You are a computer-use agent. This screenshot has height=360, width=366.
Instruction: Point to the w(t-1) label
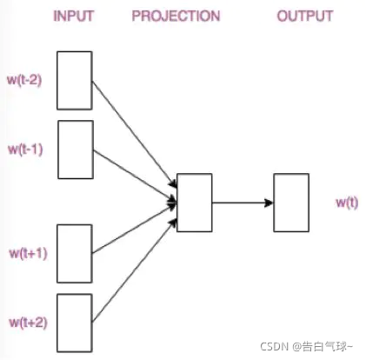26,149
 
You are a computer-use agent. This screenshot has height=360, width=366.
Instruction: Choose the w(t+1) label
28,253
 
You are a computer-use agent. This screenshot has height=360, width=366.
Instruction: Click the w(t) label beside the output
348,203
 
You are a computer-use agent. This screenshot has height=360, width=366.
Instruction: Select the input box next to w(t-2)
75,80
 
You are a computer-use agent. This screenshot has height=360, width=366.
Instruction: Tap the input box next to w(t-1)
75,149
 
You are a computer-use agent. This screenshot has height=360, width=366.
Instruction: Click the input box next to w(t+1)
75,253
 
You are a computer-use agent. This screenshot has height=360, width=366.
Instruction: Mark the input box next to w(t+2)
75,323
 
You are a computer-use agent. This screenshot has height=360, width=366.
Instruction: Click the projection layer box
194,203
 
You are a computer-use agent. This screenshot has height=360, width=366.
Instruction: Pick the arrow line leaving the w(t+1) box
130,233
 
